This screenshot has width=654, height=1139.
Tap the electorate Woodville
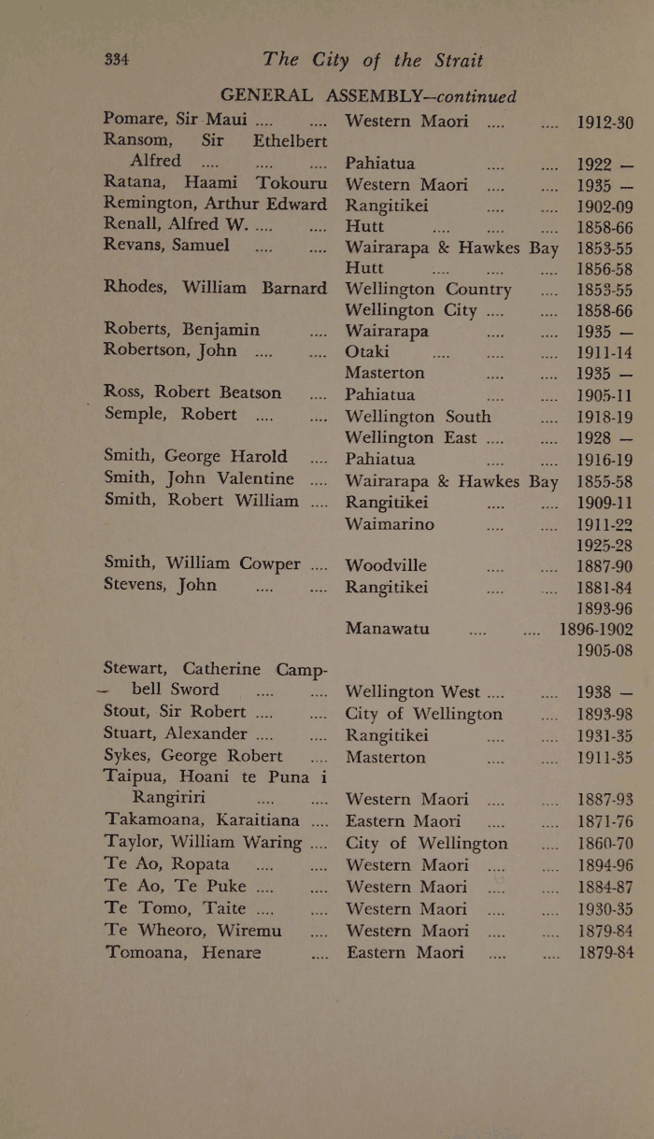click(386, 565)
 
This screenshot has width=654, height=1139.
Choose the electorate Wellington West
click(425, 691)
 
